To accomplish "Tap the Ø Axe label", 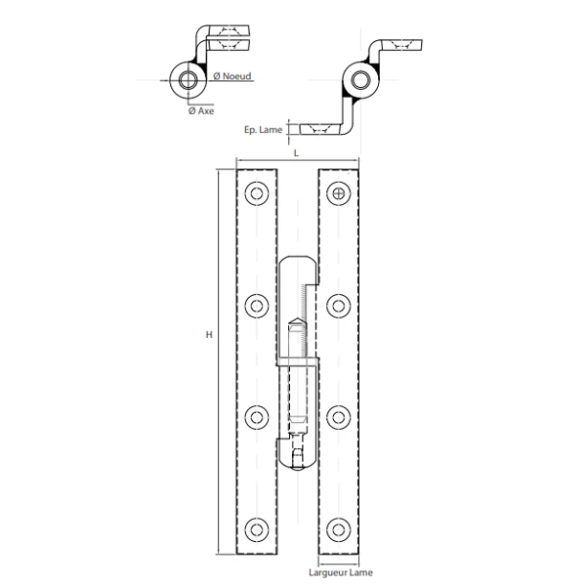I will coord(201,112).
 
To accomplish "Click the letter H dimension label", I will coord(208,336).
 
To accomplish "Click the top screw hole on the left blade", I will coord(257,194).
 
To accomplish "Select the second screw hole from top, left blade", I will coord(257,307).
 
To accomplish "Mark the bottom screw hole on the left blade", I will coord(257,527).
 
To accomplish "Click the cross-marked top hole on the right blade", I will coord(338,194).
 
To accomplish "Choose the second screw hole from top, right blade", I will coord(338,307).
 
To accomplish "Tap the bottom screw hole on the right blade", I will coord(338,527).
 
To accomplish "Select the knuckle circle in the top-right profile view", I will coord(360,80).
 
